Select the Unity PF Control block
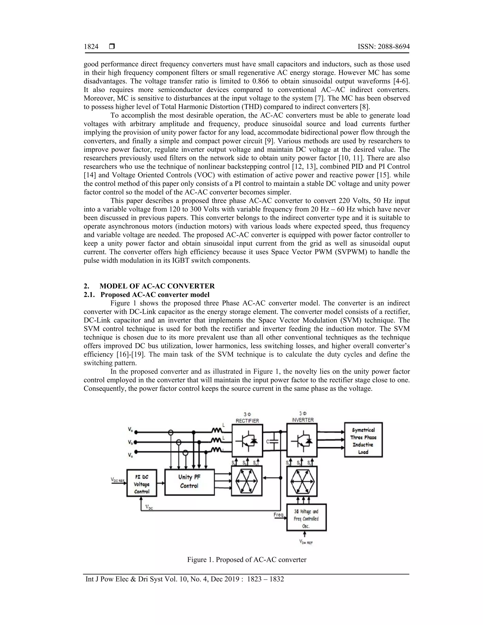(x=189, y=482)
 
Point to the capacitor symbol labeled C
(x=274, y=442)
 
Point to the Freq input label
(x=279, y=515)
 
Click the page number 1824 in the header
(x=91, y=47)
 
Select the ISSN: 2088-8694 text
(x=383, y=47)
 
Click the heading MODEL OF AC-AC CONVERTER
(x=157, y=286)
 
